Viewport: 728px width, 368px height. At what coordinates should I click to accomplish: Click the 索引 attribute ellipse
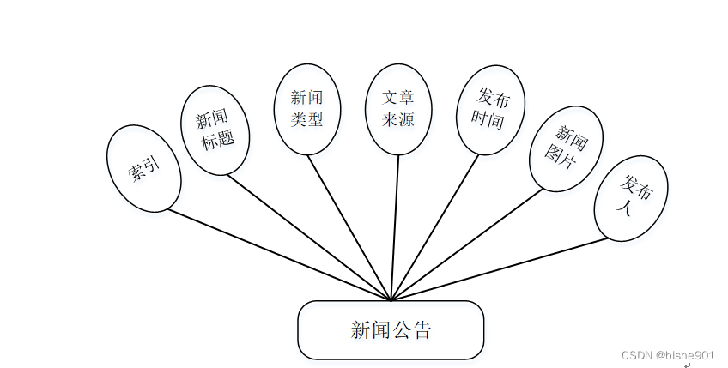(143, 169)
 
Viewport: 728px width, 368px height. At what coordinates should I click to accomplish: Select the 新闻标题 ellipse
(215, 130)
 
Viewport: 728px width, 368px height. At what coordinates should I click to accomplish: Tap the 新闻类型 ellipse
(306, 109)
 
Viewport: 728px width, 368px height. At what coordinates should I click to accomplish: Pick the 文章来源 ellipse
(397, 109)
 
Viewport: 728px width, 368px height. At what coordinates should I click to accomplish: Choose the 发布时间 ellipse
(490, 110)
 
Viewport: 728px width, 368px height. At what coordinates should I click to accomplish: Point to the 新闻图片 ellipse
(566, 148)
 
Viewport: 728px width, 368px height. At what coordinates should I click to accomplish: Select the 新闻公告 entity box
(391, 330)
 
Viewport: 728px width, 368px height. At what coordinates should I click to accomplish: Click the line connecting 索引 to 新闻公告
(279, 255)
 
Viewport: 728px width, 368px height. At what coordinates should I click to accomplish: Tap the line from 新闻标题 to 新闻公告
(309, 238)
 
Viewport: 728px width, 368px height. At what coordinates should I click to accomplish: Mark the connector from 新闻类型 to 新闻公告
(349, 228)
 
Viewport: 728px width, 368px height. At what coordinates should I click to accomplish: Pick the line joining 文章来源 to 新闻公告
(395, 228)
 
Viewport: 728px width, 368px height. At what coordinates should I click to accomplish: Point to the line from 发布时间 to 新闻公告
(435, 228)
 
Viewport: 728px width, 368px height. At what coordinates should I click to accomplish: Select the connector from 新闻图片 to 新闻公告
(468, 244)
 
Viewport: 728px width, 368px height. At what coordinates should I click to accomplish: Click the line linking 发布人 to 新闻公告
(500, 269)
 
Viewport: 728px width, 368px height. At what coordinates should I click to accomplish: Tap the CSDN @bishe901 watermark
(668, 354)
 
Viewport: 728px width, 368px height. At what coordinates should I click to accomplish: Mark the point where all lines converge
(391, 300)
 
